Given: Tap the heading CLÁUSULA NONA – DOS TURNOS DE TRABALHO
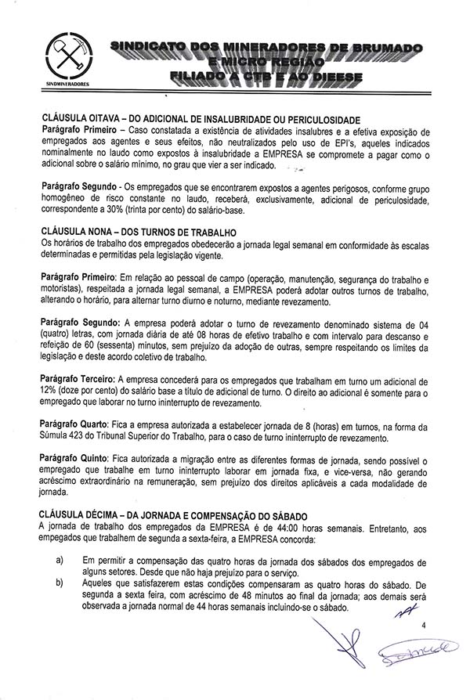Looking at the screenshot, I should (x=138, y=233).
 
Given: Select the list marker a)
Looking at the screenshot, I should (x=60, y=561).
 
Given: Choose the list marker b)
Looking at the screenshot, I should (x=60, y=584).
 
